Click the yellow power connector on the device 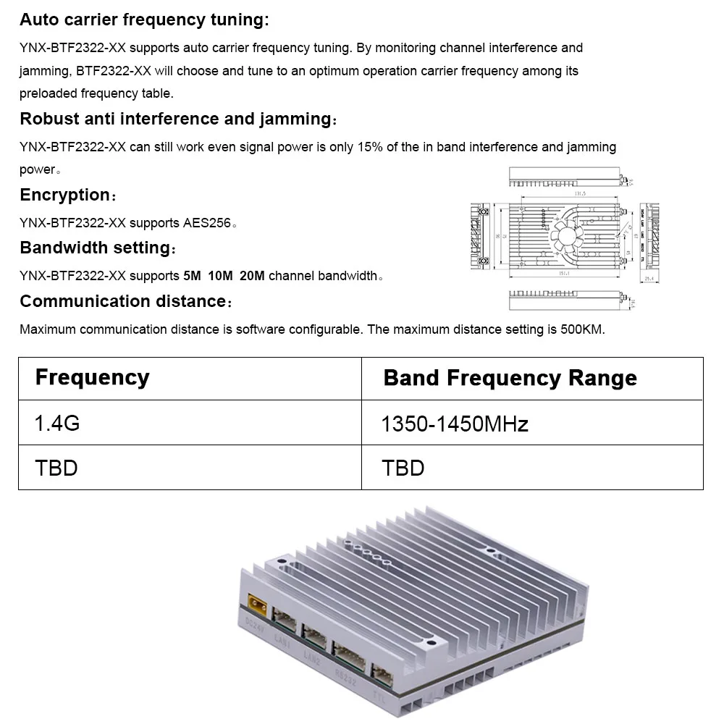coord(256,602)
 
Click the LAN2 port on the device coord(314,634)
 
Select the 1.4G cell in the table coord(57,423)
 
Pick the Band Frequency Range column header coord(510,378)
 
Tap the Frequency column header coord(92,377)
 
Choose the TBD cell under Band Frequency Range coord(403,468)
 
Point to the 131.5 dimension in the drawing coord(579,194)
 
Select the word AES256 coord(207,223)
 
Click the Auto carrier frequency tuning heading coord(144,20)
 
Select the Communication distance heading coord(125,301)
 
